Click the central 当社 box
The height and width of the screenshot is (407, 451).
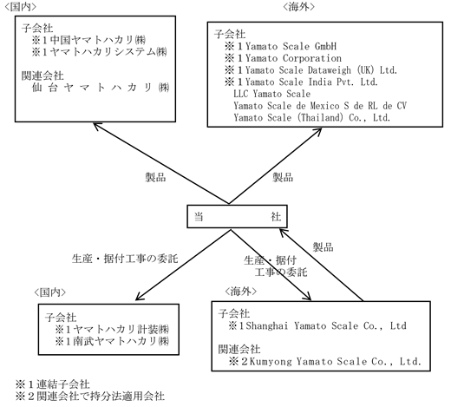(237, 216)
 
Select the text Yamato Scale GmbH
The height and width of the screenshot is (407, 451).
(291, 46)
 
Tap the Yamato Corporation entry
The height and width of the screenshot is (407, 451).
(293, 58)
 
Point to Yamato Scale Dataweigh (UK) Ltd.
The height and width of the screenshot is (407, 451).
(321, 70)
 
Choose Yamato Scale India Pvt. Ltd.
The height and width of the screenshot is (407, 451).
(311, 82)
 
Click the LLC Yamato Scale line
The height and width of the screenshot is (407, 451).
(272, 94)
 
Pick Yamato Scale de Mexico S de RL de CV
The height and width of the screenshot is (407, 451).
(320, 106)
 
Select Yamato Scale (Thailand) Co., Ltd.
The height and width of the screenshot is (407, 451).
(312, 118)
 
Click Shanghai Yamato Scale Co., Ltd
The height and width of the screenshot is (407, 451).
(326, 326)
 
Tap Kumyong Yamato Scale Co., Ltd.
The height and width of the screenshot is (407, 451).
(335, 361)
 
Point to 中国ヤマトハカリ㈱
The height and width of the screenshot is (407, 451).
(98, 40)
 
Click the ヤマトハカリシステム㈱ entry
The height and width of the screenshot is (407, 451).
(108, 52)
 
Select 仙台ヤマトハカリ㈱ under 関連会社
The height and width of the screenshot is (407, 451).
(101, 88)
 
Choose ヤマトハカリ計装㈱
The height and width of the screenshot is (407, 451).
(121, 330)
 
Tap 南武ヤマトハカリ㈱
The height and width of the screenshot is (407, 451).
(121, 341)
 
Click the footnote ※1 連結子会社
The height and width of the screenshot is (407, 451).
(53, 384)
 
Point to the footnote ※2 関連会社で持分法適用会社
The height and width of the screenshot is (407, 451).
(90, 396)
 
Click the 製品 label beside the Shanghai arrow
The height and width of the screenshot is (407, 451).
(324, 247)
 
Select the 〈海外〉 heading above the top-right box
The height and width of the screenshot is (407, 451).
(298, 7)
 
